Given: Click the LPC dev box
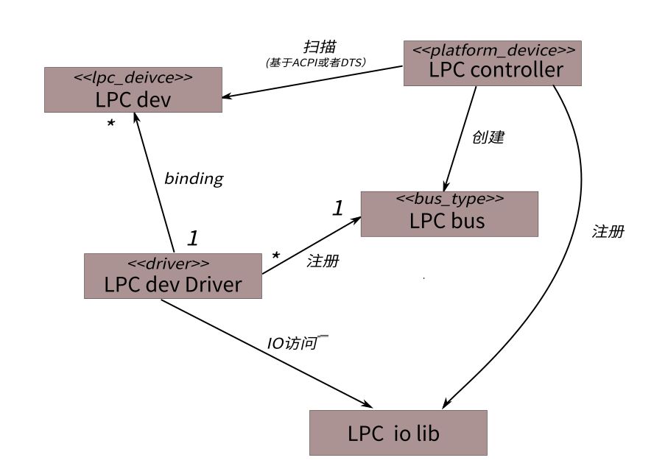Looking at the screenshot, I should point(133,90).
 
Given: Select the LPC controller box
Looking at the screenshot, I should point(493,63).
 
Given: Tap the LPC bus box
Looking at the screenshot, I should point(449,213).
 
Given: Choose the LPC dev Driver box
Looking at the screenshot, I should point(172,276).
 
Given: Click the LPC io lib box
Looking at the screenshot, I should point(398,433).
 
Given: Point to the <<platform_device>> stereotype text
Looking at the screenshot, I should point(493,51).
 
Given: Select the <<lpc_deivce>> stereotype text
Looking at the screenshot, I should point(133,76).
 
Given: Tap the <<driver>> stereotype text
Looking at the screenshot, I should point(169,262).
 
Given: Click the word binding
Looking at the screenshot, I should point(193,178).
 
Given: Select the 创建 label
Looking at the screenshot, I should point(488,138).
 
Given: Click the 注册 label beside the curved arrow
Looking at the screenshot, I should point(608,231).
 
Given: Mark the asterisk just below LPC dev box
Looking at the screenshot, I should point(110,124).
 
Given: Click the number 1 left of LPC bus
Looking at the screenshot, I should point(337,208).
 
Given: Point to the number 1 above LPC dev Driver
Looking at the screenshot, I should point(192,238).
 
